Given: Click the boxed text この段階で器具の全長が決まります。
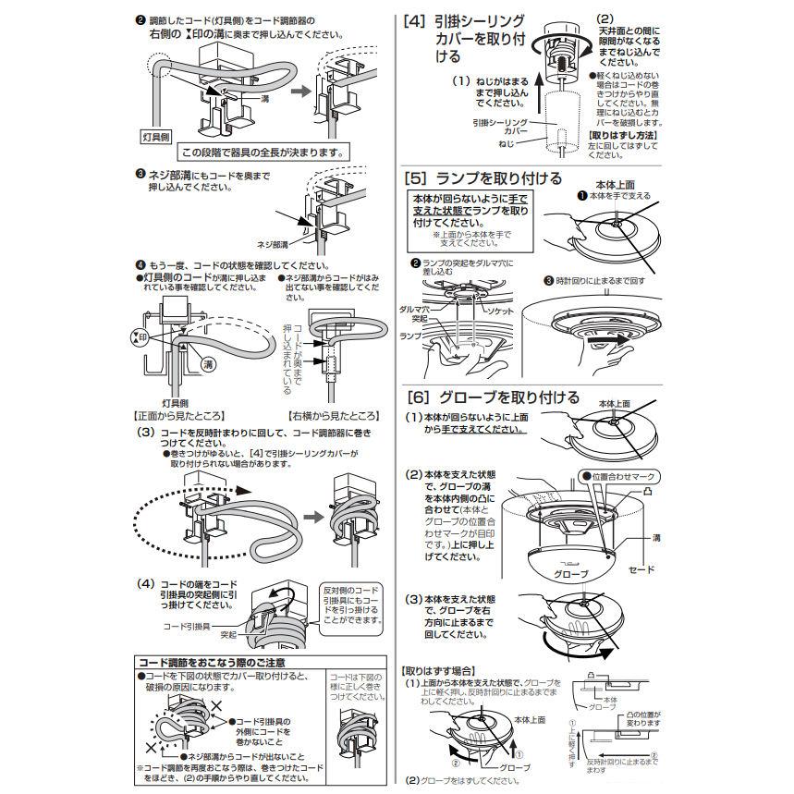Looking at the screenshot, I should click(x=263, y=153).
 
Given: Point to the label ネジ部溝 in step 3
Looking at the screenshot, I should click(x=272, y=245).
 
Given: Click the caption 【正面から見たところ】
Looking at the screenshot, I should click(x=179, y=416).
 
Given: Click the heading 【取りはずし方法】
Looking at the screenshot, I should click(x=623, y=134).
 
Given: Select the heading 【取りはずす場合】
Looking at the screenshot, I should click(x=439, y=669).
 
